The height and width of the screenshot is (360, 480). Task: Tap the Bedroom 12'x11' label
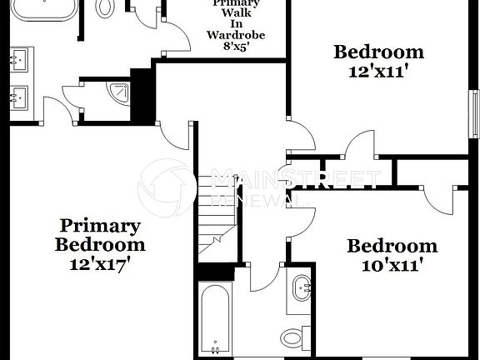point(378,61)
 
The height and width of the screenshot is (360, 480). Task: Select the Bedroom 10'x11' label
point(392,256)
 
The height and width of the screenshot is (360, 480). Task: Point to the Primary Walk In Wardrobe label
point(236,23)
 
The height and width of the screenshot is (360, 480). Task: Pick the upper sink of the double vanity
point(18,60)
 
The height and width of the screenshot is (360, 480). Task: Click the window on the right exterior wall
point(475,112)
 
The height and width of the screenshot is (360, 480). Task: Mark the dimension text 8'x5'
point(235,47)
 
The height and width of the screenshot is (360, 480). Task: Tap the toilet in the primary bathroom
point(106,7)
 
